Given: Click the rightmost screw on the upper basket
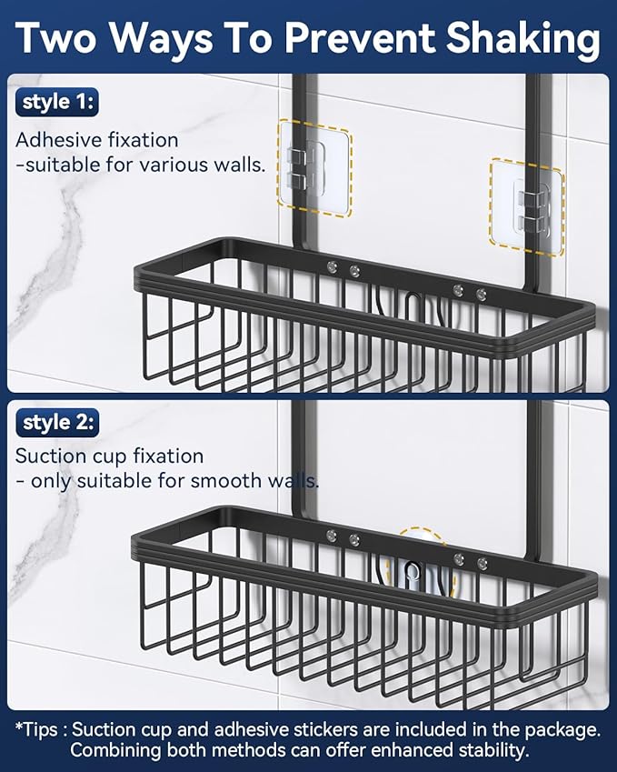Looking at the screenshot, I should pos(481,294).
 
